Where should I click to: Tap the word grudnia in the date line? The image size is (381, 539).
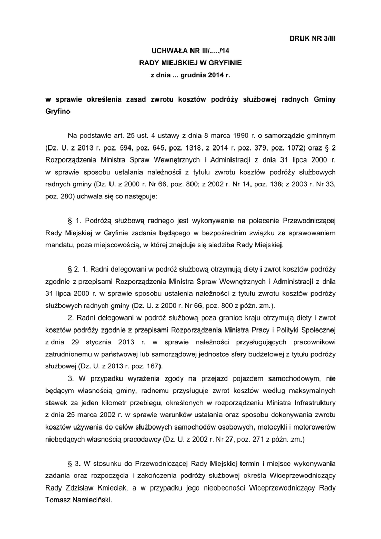(x=196, y=75)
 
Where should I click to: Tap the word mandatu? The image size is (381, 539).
(x=60, y=245)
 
